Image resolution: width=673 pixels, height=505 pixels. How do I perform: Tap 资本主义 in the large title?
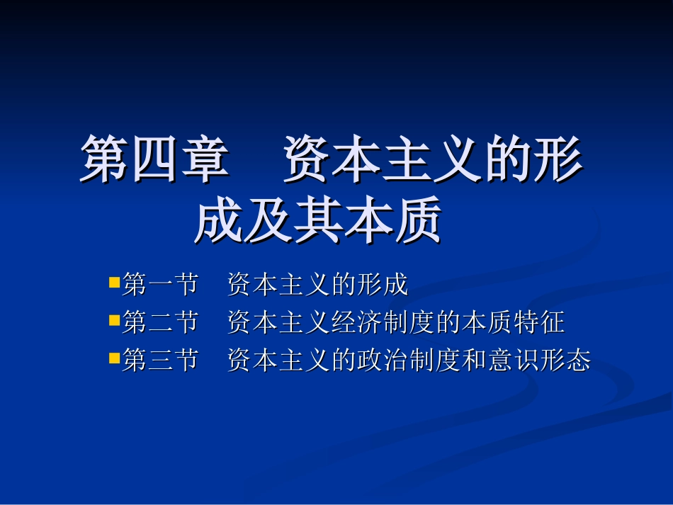(x=383, y=159)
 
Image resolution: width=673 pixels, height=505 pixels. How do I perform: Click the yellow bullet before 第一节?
(x=113, y=283)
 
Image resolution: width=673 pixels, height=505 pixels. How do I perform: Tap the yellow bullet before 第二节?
(x=113, y=321)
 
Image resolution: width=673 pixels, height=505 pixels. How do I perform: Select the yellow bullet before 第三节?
(x=113, y=358)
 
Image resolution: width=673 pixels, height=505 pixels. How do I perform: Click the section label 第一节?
(x=160, y=285)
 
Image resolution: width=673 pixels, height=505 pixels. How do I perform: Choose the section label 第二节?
(x=160, y=323)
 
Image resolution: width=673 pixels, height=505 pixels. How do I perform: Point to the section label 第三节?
(x=160, y=361)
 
